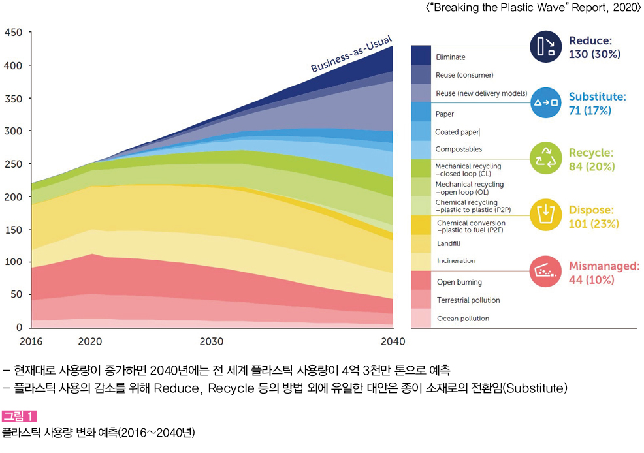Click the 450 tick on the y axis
coord(14,33)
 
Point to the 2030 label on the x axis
coord(212,341)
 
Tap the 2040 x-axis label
coord(392,341)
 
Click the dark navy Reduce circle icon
coord(545,46)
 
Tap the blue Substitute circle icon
coord(545,102)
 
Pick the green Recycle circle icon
coord(545,159)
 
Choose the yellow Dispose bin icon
coord(545,215)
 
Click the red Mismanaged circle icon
coord(545,271)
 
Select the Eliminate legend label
coord(451,57)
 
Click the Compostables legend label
coord(459,149)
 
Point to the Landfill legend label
coord(449,244)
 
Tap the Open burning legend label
coord(459,283)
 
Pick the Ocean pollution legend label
coord(462,319)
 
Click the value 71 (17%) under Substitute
coord(590,110)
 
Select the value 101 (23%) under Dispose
coord(594,224)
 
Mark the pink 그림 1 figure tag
coord(20,416)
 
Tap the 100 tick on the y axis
coord(14,262)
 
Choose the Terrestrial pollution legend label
coord(468,300)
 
